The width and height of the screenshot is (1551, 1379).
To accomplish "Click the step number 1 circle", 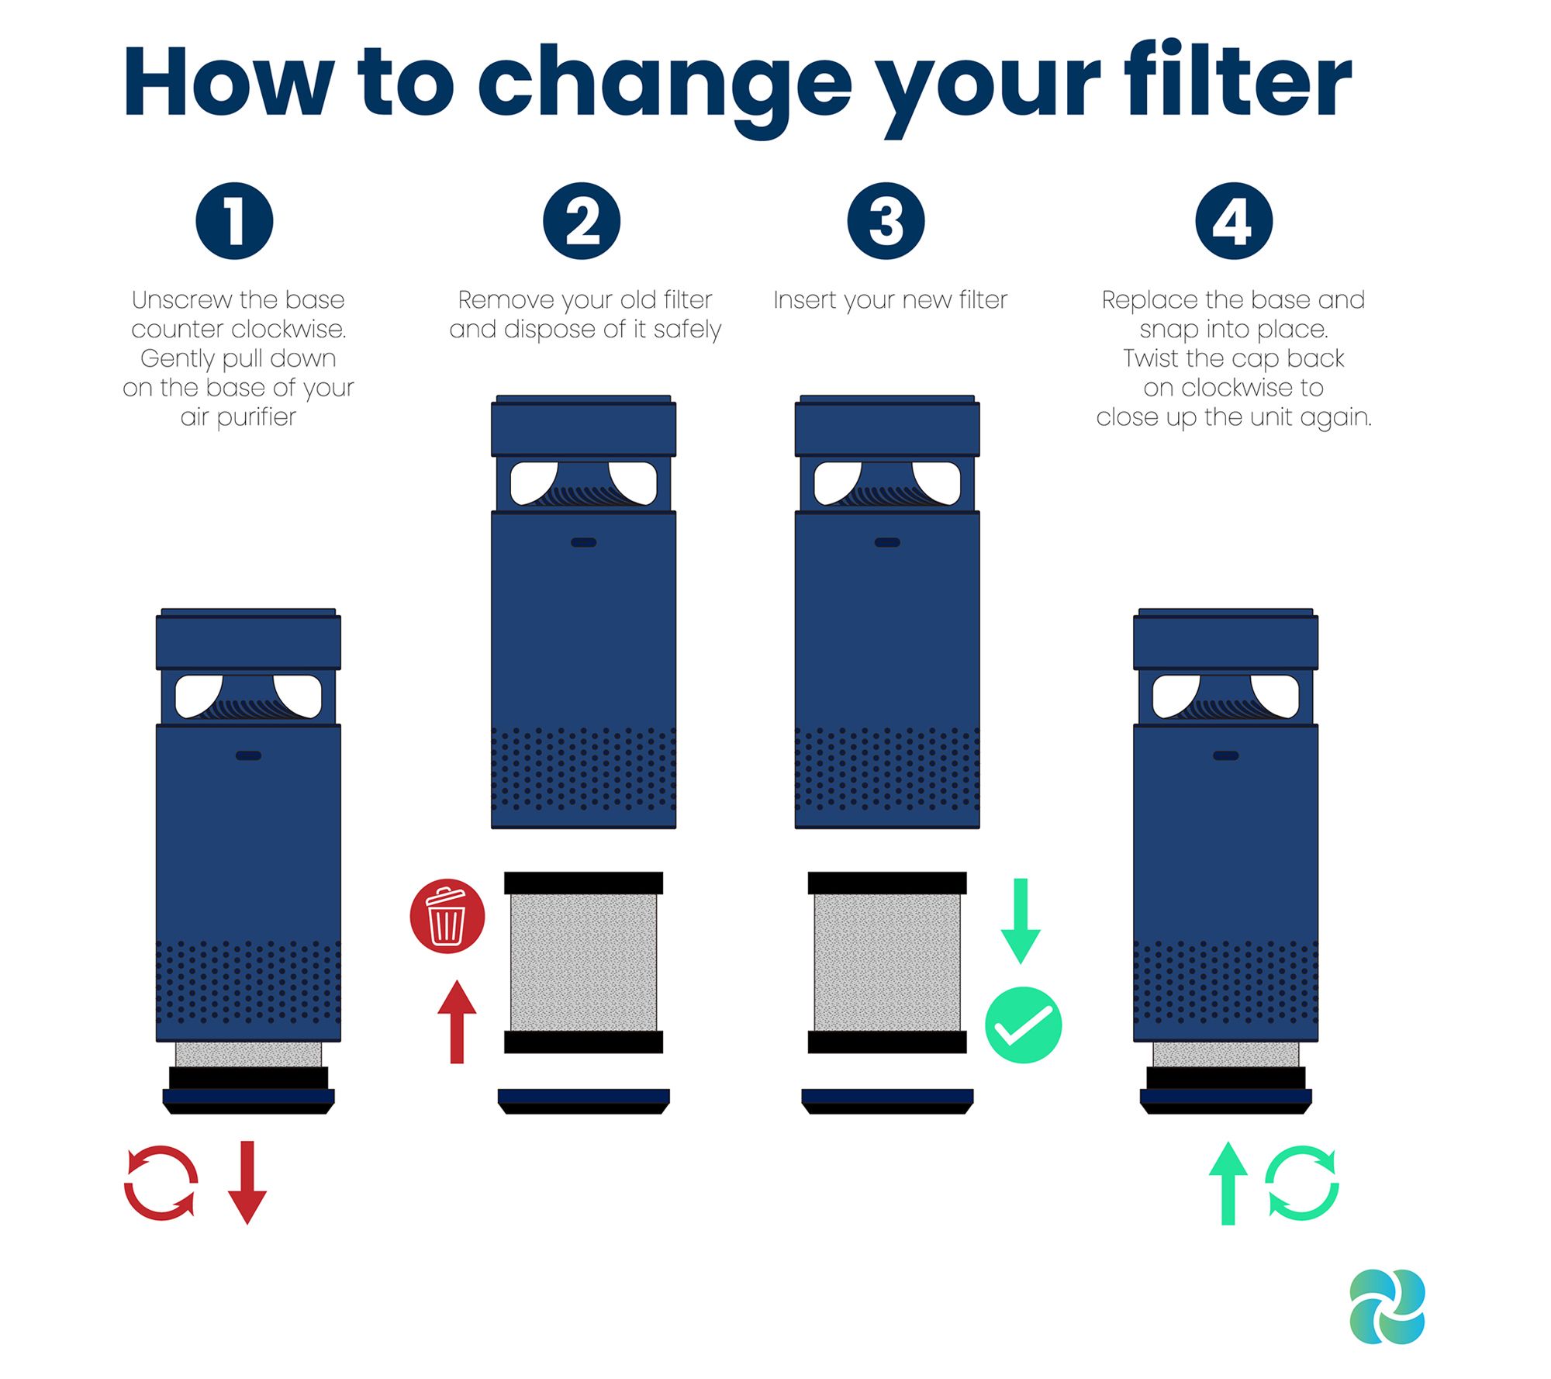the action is [x=234, y=221].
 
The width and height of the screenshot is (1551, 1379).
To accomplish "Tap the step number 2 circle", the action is [x=582, y=221].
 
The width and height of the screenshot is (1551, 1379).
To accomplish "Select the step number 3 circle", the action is [x=886, y=221].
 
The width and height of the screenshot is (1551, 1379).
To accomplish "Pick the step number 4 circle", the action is [x=1234, y=221].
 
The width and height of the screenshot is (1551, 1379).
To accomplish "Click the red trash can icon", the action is [x=447, y=916].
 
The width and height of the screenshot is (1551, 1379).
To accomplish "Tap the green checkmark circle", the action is [x=1024, y=1025].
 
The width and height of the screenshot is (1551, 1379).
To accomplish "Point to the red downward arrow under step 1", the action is [x=247, y=1182].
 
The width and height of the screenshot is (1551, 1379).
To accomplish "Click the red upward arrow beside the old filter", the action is [x=457, y=1021].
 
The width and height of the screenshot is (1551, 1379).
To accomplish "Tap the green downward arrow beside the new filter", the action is [x=1021, y=921].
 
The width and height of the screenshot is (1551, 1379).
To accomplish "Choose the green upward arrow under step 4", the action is [x=1228, y=1184].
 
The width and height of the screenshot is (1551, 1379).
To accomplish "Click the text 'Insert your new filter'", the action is [x=890, y=300].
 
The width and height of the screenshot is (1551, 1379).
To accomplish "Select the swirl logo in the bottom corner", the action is [x=1387, y=1306].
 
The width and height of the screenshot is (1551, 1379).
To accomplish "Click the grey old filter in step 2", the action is [x=583, y=963].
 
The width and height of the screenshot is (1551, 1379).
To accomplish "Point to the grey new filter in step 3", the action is [x=887, y=963].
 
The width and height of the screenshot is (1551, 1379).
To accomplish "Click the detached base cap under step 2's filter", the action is [x=583, y=1101].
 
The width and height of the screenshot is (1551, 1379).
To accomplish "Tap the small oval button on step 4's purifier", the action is [x=1226, y=755].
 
